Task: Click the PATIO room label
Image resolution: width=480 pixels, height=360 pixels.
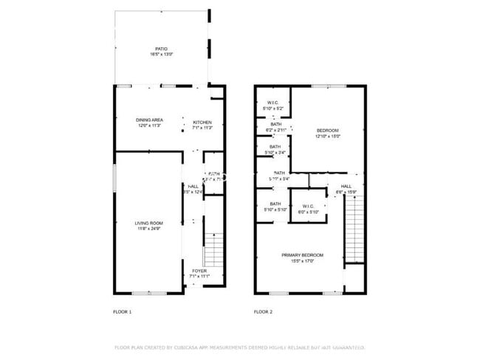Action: point(161,49)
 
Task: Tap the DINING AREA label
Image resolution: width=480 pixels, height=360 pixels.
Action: point(149,120)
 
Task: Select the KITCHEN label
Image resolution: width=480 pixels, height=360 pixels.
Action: point(202,122)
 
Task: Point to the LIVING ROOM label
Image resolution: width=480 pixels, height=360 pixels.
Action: point(148,223)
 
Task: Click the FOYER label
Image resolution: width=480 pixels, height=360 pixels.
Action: point(199,271)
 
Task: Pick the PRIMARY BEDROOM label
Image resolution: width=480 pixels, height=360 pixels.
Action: point(302,255)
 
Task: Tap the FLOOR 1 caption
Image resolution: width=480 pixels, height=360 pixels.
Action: point(122,312)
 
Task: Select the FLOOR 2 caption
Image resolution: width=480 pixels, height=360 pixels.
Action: point(263,312)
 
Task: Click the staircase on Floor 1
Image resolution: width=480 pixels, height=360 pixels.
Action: point(213,249)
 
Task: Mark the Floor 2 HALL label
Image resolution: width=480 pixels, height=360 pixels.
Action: point(346,186)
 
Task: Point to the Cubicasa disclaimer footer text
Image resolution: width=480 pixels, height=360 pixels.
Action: point(239,347)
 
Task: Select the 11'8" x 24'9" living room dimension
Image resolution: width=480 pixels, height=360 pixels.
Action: point(148,229)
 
